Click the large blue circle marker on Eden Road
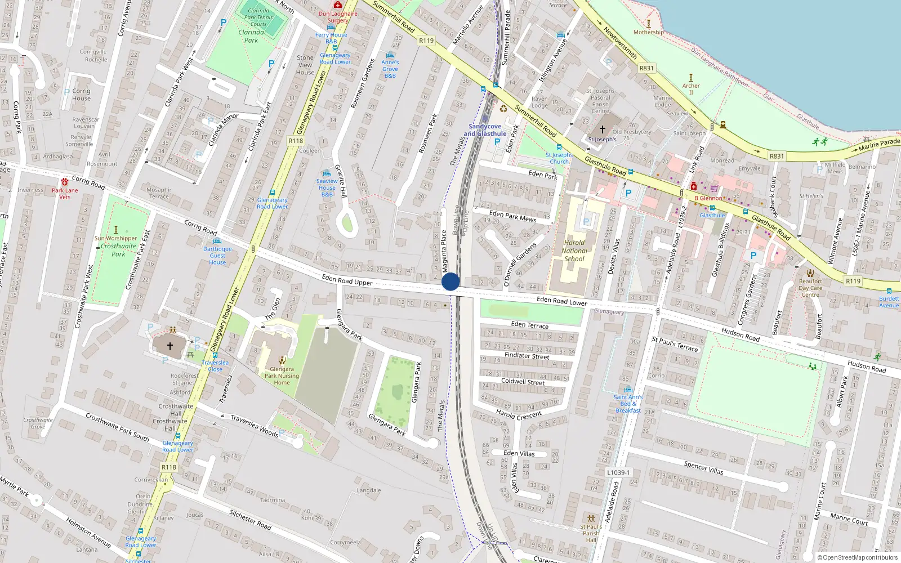[450, 281]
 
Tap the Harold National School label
[574, 251]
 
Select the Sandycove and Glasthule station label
[485, 130]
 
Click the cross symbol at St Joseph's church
[602, 129]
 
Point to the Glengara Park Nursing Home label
[282, 376]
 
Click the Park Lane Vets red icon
[65, 181]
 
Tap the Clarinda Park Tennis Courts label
[258, 17]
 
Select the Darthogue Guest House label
[217, 256]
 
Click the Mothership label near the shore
[648, 32]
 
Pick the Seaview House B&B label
[327, 188]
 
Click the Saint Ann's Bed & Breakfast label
[628, 404]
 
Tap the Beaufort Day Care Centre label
[810, 288]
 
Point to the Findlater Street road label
[527, 356]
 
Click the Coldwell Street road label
[523, 382]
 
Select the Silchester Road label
[250, 519]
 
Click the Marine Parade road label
[879, 145]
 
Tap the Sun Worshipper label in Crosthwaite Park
[115, 238]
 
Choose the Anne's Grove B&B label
[390, 69]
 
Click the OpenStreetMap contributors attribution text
[858, 558]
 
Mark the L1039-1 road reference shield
[618, 472]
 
